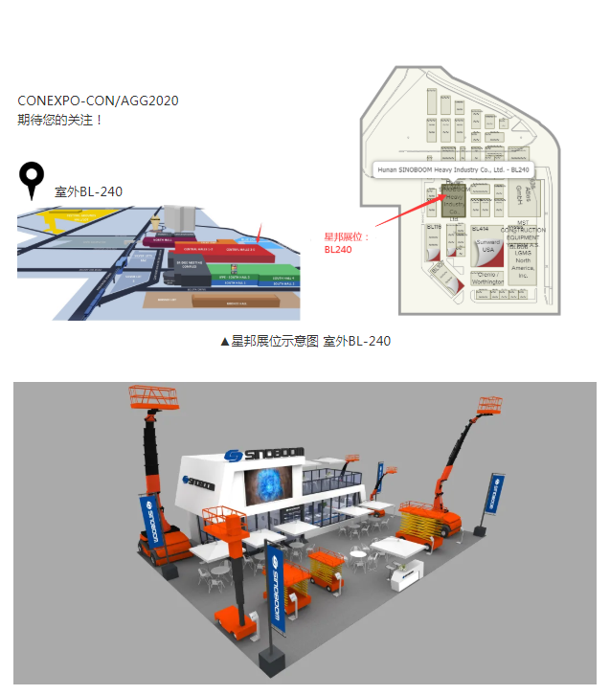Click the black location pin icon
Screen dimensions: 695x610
33,179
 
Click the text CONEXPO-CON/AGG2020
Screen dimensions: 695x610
98,101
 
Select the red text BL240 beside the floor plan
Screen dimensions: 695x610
338,250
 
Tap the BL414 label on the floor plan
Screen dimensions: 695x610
481,230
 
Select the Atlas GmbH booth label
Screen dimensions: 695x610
535,198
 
